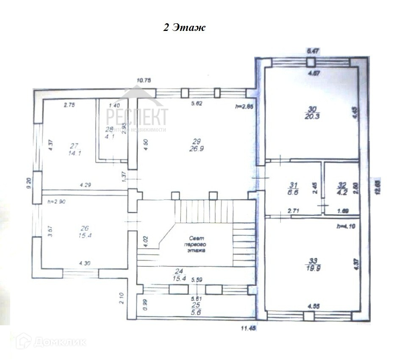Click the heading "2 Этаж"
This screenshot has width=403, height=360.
point(184,28)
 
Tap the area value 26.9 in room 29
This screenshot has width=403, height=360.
point(196,149)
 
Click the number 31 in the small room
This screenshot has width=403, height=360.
point(292,185)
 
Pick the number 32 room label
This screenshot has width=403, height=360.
point(342,185)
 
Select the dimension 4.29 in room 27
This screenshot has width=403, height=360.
point(86,185)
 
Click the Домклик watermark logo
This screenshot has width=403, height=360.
point(51,341)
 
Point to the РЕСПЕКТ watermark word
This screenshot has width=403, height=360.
point(136,116)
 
